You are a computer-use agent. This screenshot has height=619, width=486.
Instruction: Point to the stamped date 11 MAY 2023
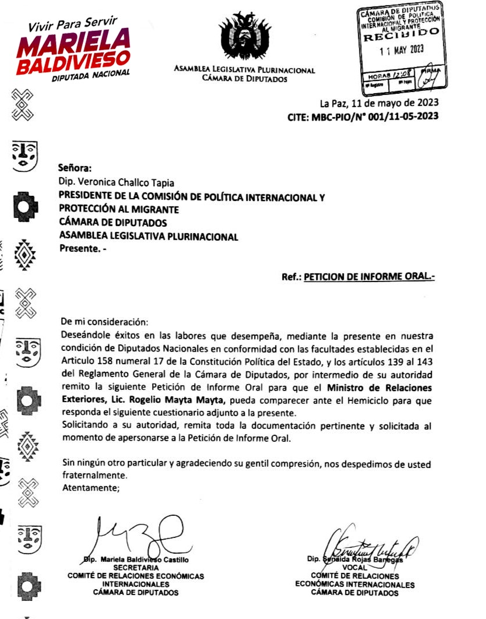point(400,50)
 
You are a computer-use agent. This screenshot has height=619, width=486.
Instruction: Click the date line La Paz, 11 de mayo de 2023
point(379,104)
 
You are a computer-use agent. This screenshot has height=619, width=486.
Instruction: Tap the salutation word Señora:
point(75,168)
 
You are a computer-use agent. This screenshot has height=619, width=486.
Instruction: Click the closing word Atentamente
point(90,487)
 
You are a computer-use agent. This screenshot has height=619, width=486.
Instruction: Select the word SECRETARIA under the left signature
point(136,567)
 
